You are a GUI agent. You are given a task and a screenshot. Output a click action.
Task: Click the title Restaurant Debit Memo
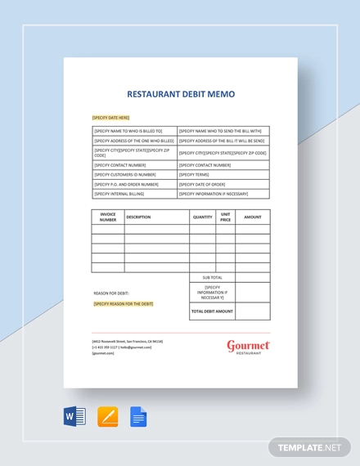[180, 94]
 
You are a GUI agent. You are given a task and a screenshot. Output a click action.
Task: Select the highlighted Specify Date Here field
[111, 117]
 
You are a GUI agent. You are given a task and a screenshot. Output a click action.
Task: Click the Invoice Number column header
[108, 217]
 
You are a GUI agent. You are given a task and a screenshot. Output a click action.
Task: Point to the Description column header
[139, 217]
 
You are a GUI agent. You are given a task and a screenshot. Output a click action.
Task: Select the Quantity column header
[202, 217]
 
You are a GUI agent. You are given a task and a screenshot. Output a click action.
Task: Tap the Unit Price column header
[225, 217]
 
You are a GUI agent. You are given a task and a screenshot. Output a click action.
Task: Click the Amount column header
[253, 217]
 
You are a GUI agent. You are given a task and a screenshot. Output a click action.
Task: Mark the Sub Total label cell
[212, 277]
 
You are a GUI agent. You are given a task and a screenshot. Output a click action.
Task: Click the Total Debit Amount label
[212, 311]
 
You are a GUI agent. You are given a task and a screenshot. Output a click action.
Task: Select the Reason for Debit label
[112, 293]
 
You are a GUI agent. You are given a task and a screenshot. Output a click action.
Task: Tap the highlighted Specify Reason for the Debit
[124, 303]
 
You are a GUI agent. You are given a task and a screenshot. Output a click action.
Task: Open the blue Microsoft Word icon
[75, 417]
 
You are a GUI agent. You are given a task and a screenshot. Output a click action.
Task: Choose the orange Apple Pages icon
[108, 417]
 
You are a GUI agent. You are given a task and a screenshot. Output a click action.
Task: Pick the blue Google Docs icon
[138, 417]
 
